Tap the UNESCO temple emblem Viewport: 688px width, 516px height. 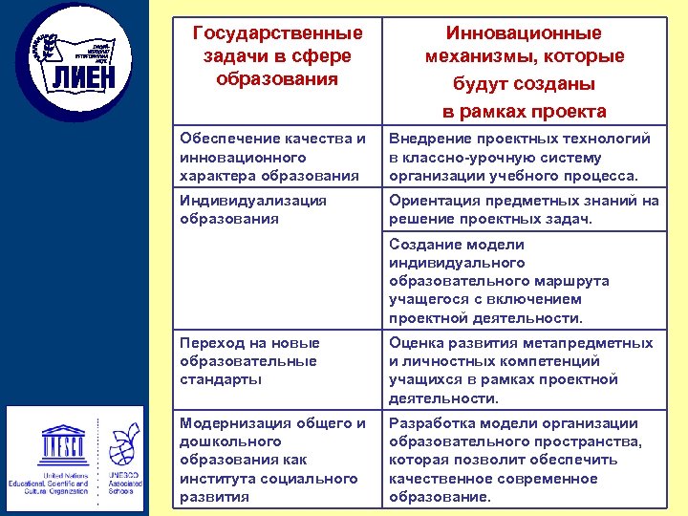(63, 441)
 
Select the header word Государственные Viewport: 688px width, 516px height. (278, 34)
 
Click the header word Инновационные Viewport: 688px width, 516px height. (525, 34)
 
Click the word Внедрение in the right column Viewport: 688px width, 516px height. (426, 139)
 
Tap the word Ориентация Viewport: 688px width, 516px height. (433, 201)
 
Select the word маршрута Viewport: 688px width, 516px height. (571, 281)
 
